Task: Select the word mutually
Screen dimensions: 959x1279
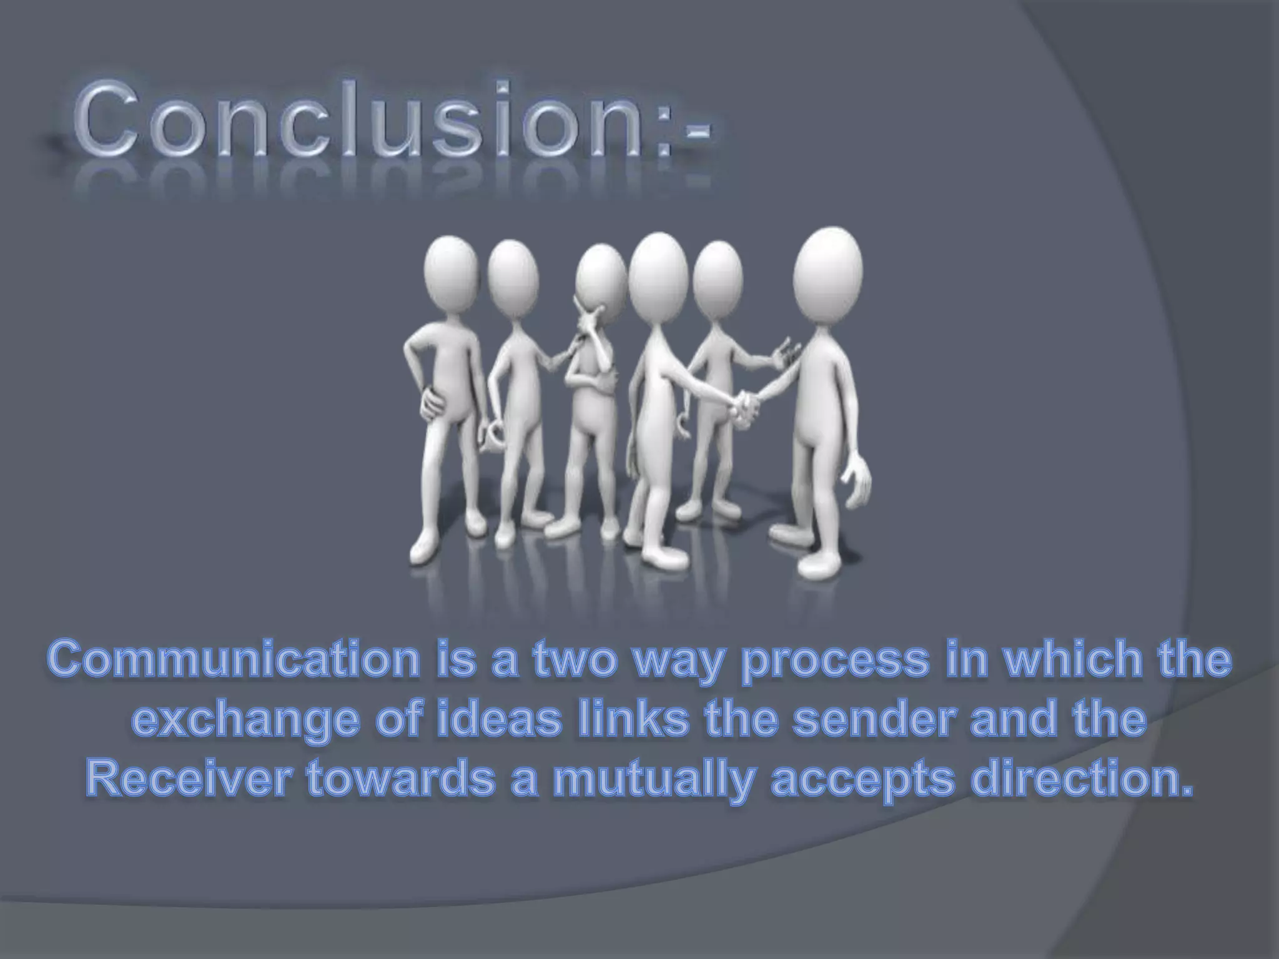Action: (x=650, y=780)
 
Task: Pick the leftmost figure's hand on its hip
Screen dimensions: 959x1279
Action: (x=431, y=400)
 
